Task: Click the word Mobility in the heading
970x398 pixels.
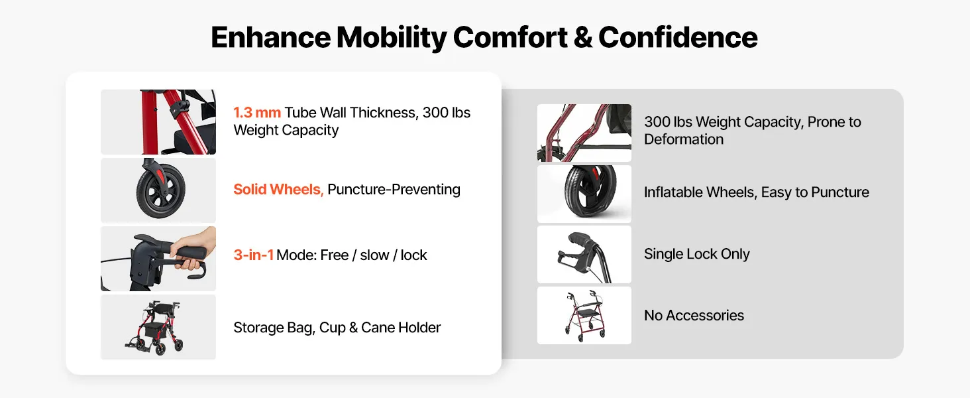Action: pos(392,38)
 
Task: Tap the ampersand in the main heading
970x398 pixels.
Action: pos(583,37)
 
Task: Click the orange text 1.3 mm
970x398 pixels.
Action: pos(257,113)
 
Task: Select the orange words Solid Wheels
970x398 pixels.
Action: pos(278,190)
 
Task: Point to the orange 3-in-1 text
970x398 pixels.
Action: pos(253,255)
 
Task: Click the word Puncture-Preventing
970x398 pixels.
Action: pos(394,190)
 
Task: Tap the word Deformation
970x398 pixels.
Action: pos(684,139)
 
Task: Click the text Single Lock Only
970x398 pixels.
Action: pos(697,254)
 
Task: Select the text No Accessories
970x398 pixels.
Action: pos(694,315)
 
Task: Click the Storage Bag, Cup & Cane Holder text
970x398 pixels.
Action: pos(337,327)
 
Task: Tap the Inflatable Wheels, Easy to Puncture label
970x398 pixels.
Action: pos(757,192)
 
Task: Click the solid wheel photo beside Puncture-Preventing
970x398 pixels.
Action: pos(158,190)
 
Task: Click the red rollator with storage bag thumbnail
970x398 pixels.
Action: pos(158,327)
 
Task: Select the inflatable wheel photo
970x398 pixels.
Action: pos(584,194)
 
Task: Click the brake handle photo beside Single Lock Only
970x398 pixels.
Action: pos(584,255)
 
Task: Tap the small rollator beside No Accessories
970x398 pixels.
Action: pos(584,315)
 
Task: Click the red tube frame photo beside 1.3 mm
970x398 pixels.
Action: pos(158,122)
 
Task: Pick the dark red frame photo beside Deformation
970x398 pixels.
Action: pos(584,133)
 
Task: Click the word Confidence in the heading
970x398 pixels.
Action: pos(678,37)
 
